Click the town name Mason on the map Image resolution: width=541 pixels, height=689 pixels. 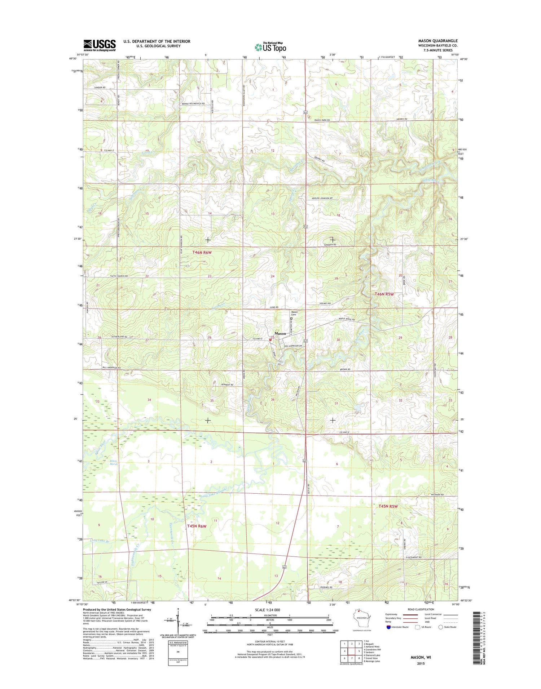(x=280, y=333)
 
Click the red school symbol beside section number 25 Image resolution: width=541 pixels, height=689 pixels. (x=270, y=339)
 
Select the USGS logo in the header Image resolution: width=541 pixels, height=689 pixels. (x=100, y=45)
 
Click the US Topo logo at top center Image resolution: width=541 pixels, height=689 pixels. (x=270, y=47)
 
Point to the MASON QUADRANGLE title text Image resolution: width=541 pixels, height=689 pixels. (x=437, y=41)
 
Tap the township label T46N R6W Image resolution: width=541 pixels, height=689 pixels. (x=202, y=253)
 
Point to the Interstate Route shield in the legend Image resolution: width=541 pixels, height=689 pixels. (x=388, y=627)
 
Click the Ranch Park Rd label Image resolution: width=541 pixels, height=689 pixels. (x=322, y=120)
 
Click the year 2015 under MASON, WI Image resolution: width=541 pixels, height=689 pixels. (x=420, y=663)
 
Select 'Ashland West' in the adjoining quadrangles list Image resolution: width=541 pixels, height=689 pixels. (x=373, y=647)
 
